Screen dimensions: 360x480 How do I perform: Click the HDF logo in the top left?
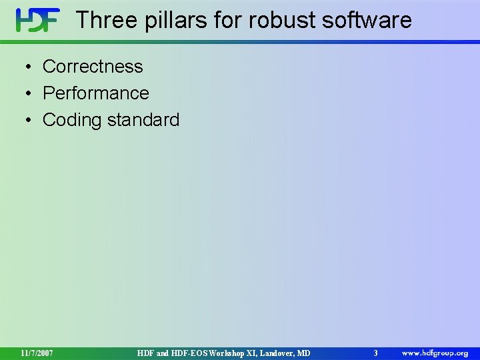37,21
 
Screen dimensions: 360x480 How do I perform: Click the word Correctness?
93,67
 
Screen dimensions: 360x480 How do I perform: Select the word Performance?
96,93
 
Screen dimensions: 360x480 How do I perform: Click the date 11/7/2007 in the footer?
37,353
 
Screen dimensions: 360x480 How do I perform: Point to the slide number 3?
375,353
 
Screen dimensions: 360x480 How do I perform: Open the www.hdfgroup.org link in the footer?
435,353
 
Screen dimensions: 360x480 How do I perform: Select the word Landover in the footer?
275,353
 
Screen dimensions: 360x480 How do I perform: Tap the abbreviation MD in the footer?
303,353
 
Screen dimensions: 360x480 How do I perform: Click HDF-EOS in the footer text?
189,353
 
